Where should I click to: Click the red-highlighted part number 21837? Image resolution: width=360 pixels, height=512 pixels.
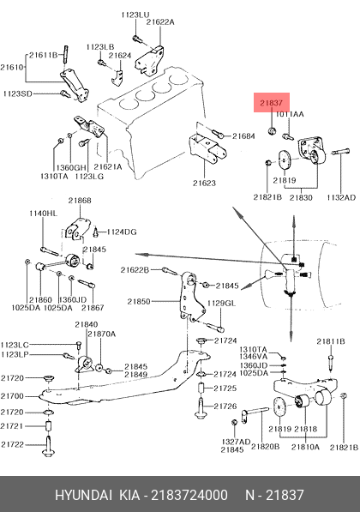tap(271, 103)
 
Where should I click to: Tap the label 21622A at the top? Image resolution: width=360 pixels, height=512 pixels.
tap(160, 22)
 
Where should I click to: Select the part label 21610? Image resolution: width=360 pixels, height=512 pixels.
tap(12, 67)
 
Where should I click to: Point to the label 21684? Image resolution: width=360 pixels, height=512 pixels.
tap(243, 136)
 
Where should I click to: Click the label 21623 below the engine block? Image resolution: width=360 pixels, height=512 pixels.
tap(204, 183)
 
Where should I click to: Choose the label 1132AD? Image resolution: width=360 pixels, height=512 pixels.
tap(341, 197)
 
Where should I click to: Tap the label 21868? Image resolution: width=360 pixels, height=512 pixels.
tap(80, 201)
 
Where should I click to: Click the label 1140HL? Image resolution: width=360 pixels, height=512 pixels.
tap(43, 214)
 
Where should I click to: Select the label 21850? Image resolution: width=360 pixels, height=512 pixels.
tap(139, 301)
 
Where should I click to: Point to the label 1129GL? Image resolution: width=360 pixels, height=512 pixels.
tap(221, 304)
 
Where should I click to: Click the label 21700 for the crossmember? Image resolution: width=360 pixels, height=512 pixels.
tap(12, 396)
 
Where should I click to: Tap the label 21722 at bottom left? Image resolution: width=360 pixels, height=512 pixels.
tap(12, 444)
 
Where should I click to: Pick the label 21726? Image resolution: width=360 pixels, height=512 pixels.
tap(225, 407)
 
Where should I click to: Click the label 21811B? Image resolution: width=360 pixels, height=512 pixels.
tap(331, 341)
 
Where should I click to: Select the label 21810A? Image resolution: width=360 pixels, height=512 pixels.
tap(305, 447)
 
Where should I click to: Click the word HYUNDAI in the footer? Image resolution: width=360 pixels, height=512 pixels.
tap(83, 495)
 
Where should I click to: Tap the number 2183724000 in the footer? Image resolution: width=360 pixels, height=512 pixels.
tap(189, 495)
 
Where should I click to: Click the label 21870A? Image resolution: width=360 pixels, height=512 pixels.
tap(101, 334)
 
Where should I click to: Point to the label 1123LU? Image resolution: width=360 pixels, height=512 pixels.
tap(135, 15)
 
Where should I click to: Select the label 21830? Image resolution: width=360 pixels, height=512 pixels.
tap(301, 197)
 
